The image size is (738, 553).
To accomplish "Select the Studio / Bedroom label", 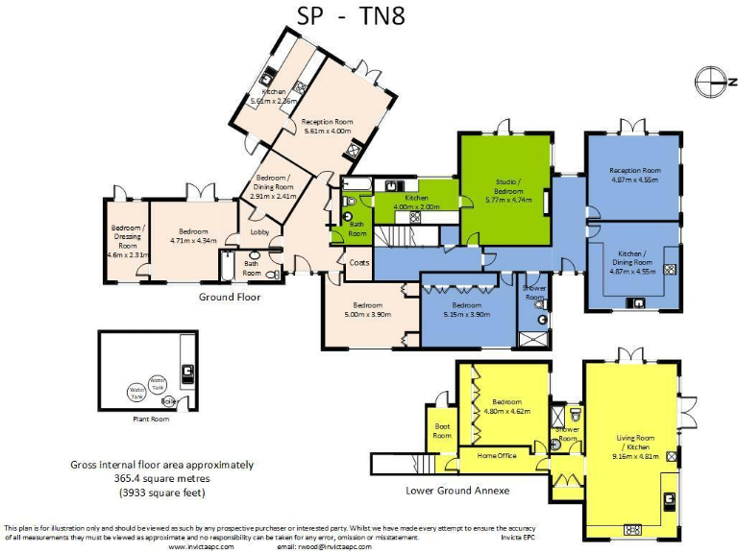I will [508, 185].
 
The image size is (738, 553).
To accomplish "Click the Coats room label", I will [359, 262].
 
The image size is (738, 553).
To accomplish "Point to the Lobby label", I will [259, 231].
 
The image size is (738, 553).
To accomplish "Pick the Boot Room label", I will [442, 431].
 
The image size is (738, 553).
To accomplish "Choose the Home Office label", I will [497, 455].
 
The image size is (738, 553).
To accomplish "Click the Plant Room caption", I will [150, 419].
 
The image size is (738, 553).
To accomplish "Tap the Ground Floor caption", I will [230, 297].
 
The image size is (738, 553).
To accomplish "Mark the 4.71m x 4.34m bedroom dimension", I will [193, 240].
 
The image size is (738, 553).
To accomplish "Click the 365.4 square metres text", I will [161, 478].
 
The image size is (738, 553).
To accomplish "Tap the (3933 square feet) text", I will [161, 492].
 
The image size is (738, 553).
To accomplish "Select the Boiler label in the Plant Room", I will [170, 400].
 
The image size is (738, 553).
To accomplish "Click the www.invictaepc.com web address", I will [201, 546].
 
